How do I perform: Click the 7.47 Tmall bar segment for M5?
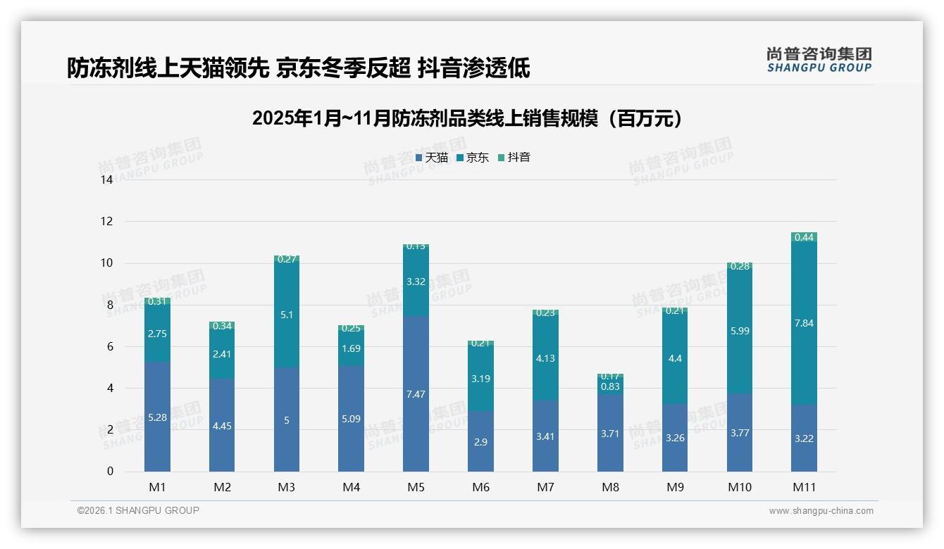coord(416,394)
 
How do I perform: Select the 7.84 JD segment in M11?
coord(804,324)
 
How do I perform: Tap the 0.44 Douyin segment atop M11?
coord(804,237)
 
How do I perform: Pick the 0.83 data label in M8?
coord(610,386)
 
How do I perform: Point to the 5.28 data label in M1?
coord(157,417)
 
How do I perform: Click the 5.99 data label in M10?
coord(739,331)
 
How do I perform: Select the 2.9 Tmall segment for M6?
coord(480,441)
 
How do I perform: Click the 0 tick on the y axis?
coord(109,472)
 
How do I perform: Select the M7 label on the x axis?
coord(545,487)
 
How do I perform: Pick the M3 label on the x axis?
coord(286,487)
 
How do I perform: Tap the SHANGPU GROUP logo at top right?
coord(819,59)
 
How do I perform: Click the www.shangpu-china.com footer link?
coord(821,511)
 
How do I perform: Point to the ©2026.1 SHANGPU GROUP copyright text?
coord(138,510)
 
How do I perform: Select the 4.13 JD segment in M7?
coord(545,358)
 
